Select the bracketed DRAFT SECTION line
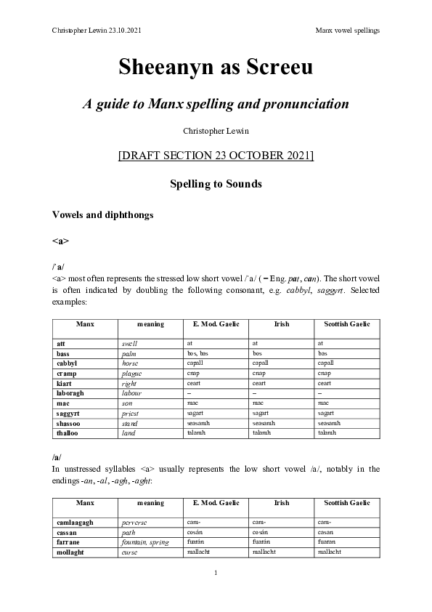(216, 156)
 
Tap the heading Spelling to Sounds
(216, 184)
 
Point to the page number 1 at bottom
(216, 573)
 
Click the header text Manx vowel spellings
(348, 30)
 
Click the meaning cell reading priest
(131, 413)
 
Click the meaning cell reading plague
(131, 372)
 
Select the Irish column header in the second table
(282, 502)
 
